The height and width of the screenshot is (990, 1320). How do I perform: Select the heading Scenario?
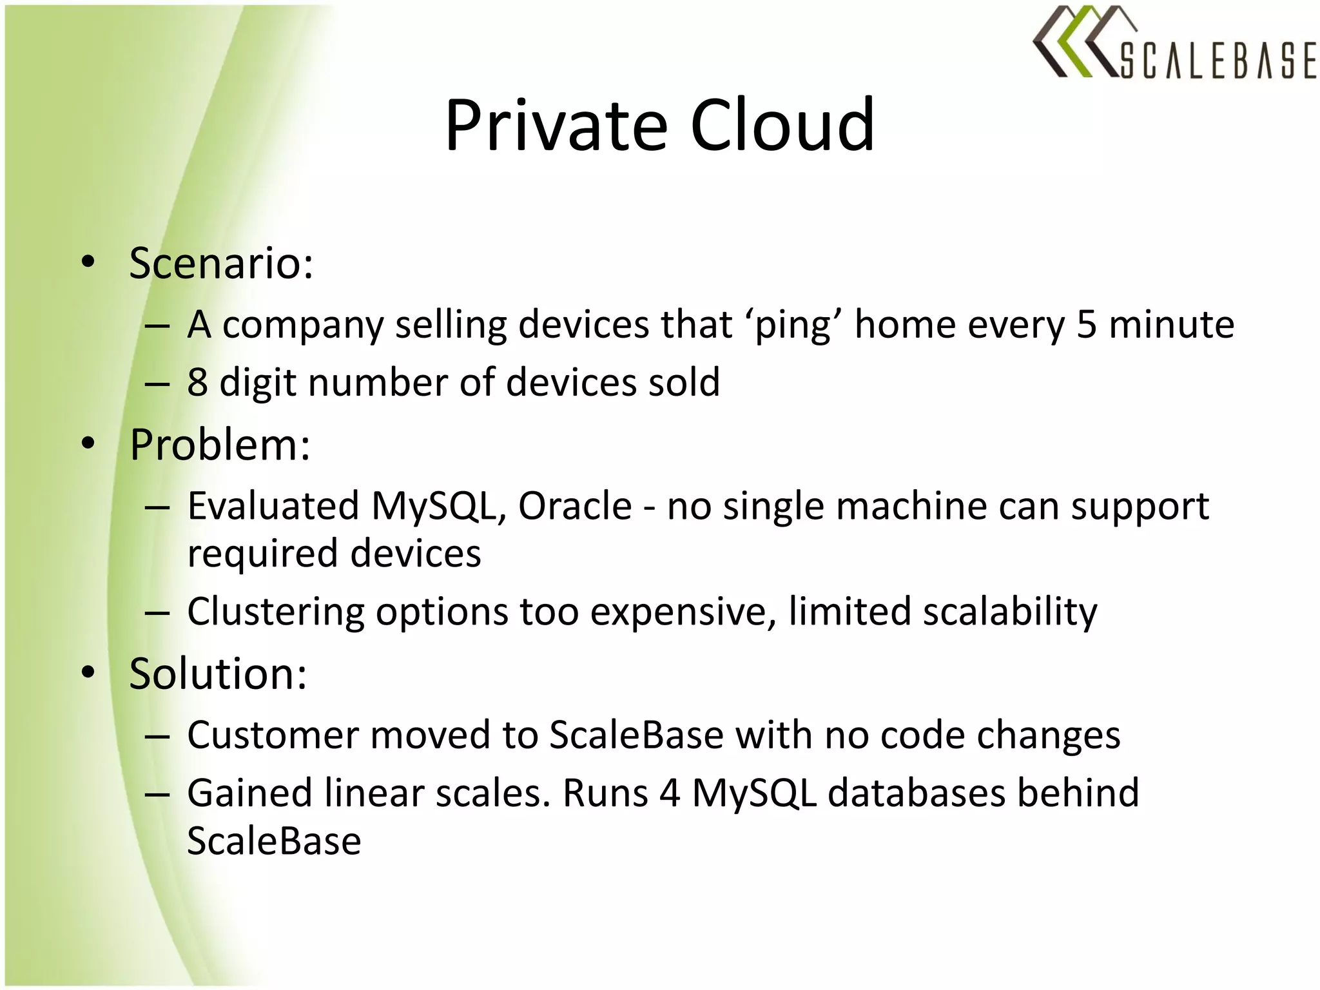pyautogui.click(x=221, y=264)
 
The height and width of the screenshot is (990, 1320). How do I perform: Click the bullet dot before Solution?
pyautogui.click(x=88, y=672)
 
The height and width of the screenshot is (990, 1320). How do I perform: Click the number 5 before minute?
pyautogui.click(x=1086, y=324)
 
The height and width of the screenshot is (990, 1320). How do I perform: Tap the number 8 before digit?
pyautogui.click(x=197, y=382)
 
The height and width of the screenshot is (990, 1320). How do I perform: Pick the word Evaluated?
pyautogui.click(x=273, y=506)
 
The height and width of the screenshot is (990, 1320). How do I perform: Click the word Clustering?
pyautogui.click(x=276, y=612)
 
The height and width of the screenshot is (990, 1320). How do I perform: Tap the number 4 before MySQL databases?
pyautogui.click(x=670, y=793)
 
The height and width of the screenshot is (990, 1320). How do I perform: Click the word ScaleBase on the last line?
pyautogui.click(x=274, y=841)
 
